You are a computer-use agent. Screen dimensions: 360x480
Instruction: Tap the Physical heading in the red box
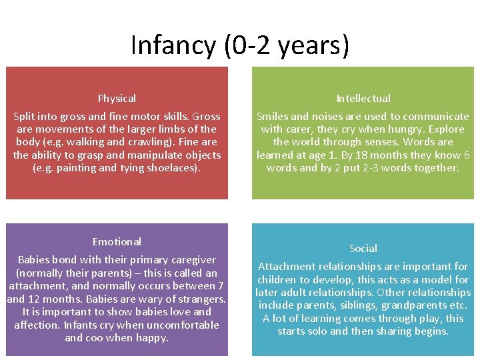(x=117, y=99)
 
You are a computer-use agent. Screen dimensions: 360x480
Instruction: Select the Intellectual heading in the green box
(x=363, y=99)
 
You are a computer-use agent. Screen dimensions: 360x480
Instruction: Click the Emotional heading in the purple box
(x=117, y=241)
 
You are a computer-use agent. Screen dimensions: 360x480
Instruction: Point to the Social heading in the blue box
(x=363, y=248)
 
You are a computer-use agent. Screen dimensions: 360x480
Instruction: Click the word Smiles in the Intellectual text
(x=273, y=117)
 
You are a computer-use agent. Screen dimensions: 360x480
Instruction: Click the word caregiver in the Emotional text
(x=192, y=260)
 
